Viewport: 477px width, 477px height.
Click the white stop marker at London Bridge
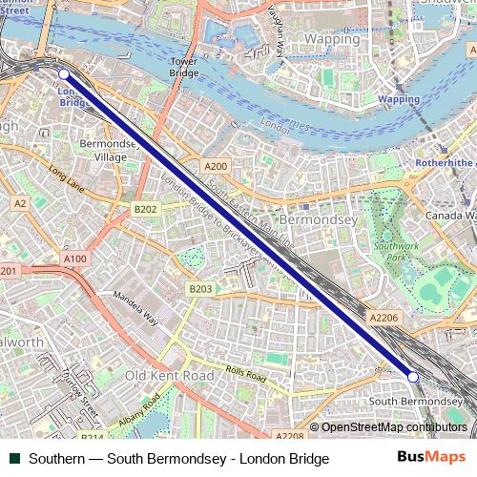[64, 73]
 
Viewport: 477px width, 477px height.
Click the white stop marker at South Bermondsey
[413, 378]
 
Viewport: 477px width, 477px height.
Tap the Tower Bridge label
[183, 67]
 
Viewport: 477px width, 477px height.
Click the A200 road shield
[216, 166]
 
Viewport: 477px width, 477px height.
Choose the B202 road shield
[145, 209]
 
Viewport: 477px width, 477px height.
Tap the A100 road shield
[74, 259]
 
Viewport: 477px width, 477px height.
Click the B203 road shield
[200, 289]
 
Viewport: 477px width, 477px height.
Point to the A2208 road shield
[289, 436]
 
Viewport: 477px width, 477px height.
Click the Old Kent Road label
[170, 376]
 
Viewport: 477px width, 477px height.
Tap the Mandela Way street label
[136, 310]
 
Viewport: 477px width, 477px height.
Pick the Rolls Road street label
[246, 373]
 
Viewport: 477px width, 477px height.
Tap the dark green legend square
[14, 459]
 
